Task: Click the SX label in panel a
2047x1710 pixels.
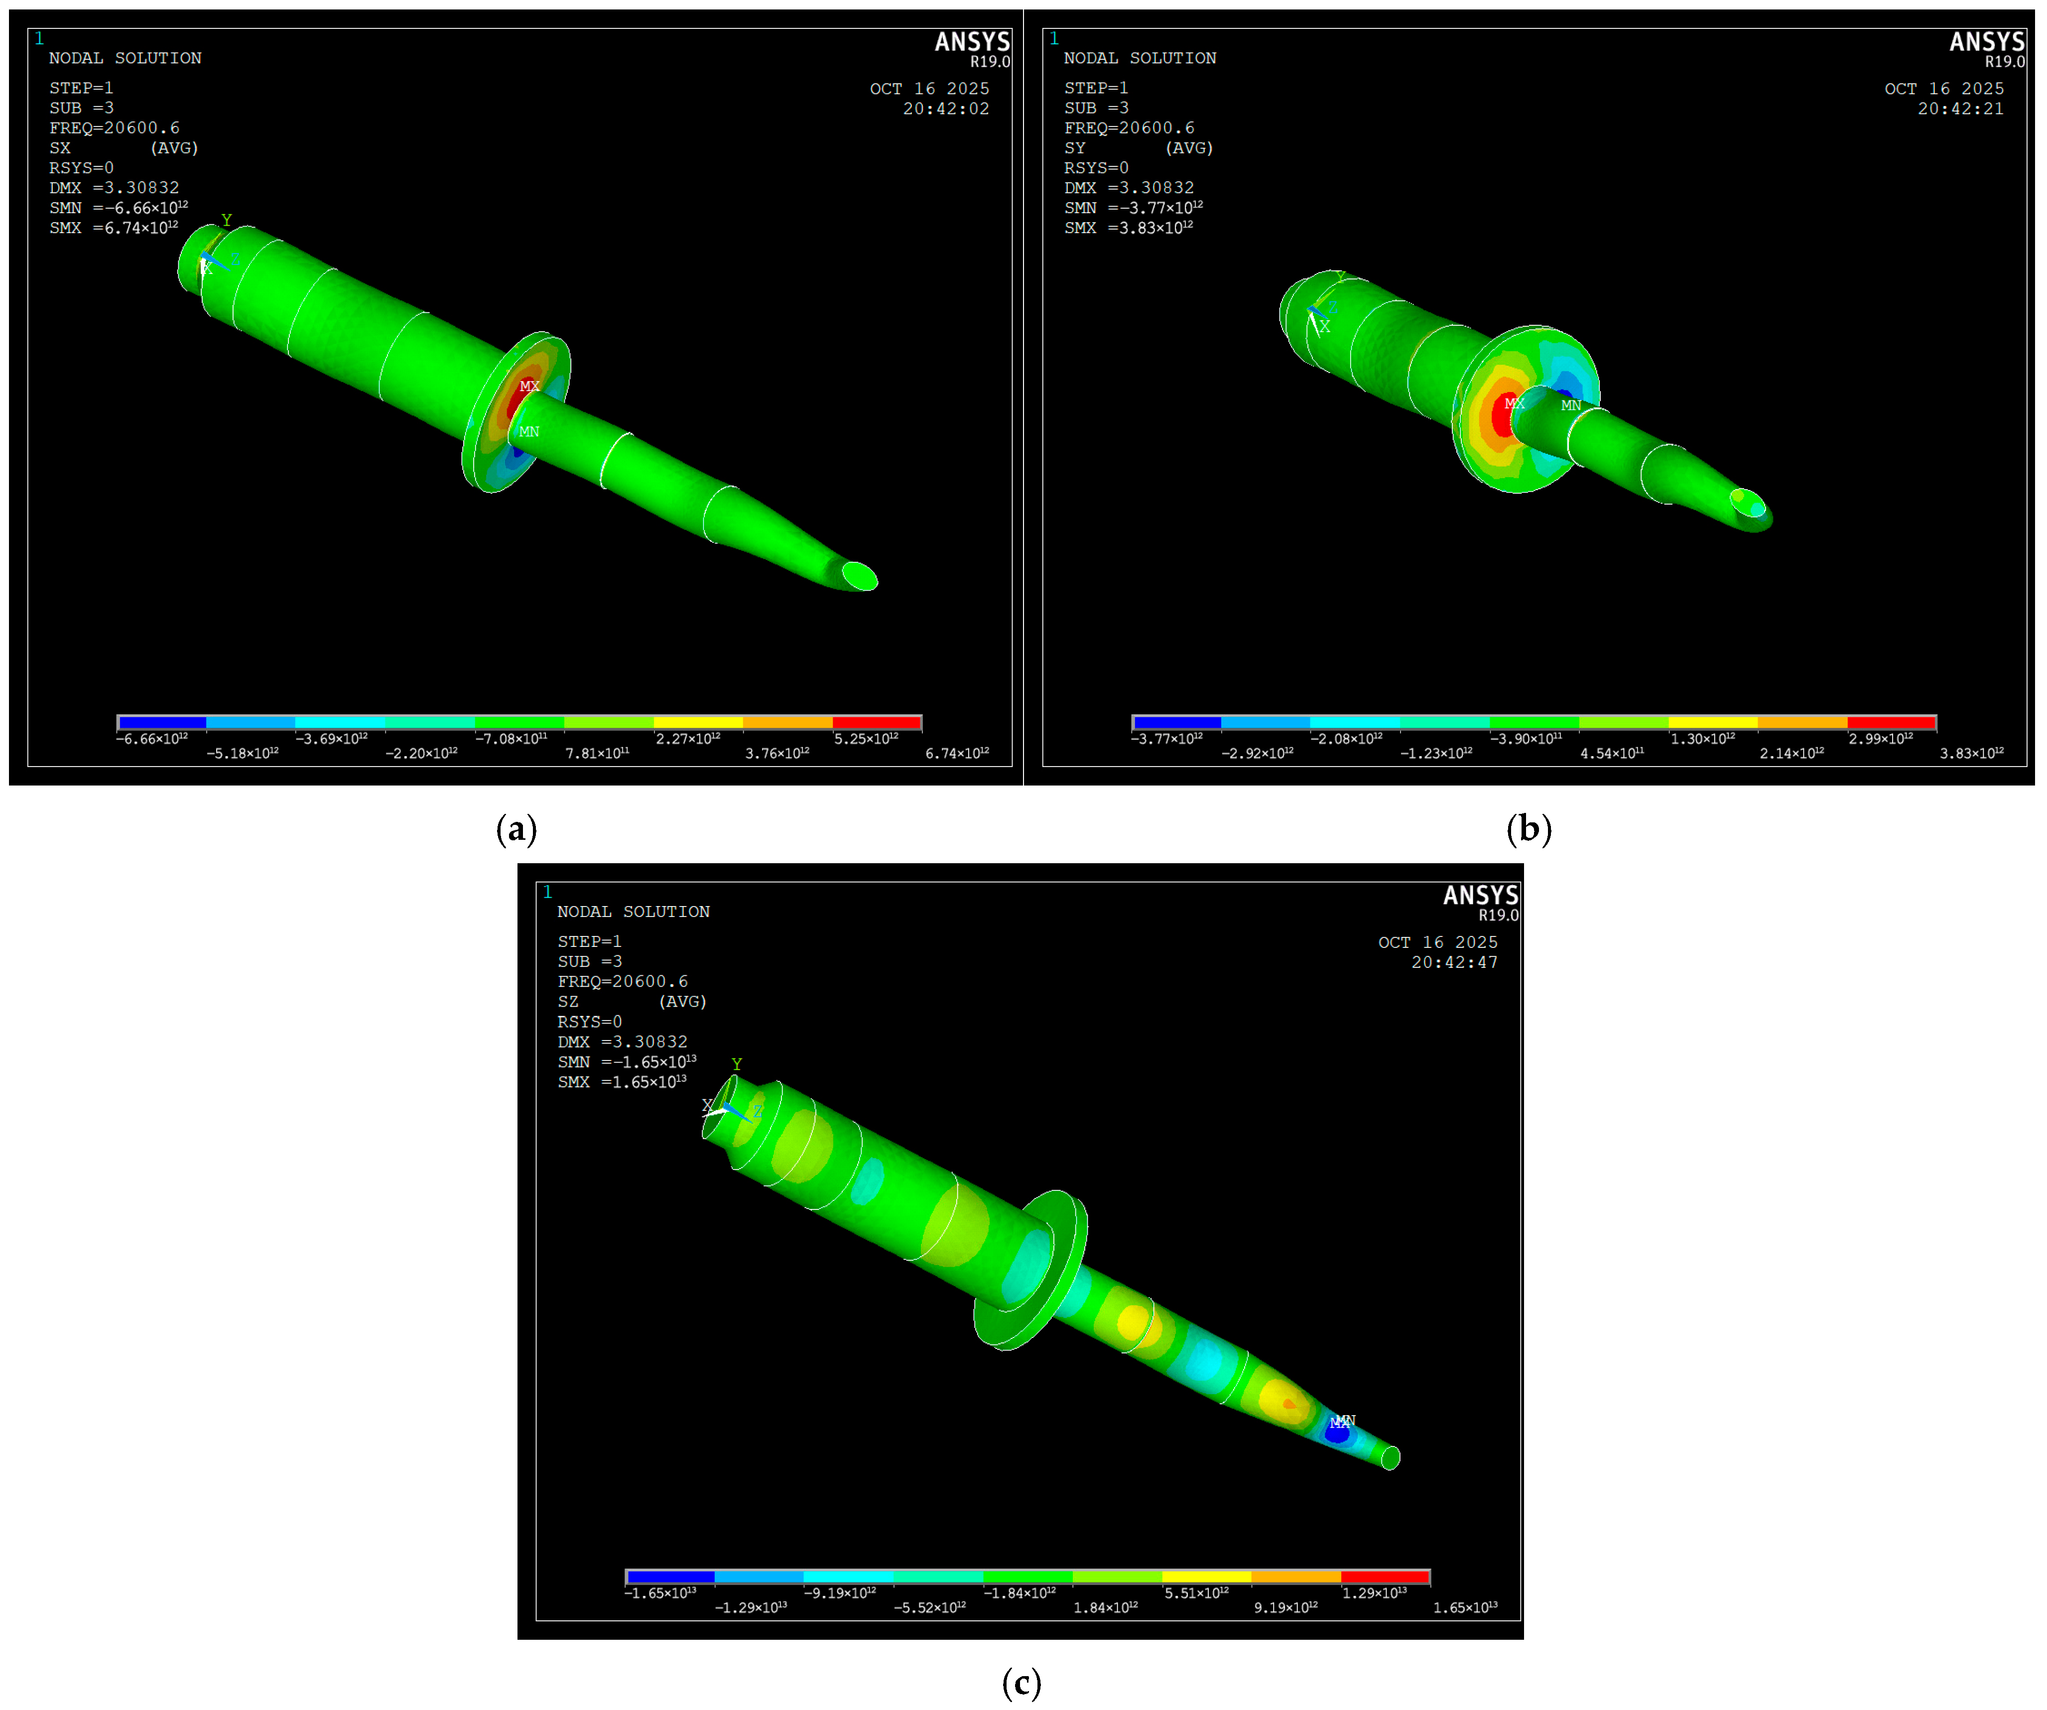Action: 59,148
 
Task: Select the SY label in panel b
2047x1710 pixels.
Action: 1074,148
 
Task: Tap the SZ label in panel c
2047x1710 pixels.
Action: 567,1001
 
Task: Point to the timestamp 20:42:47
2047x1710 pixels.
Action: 1454,962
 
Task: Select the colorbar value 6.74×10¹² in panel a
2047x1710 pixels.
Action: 957,753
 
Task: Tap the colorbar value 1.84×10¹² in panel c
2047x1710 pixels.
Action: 1105,1607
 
